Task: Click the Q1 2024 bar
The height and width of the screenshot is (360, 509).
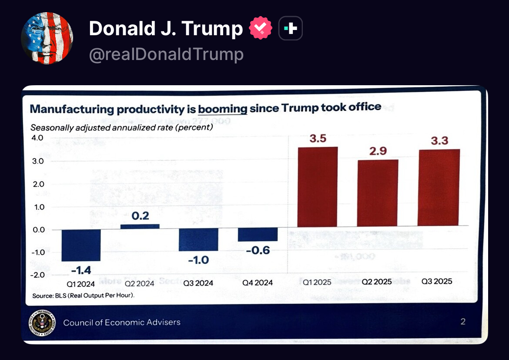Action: (81, 245)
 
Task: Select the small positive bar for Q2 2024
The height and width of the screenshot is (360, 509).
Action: (140, 227)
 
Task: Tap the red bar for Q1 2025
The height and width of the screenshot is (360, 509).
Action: (317, 187)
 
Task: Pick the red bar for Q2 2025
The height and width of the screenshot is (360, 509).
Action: (378, 193)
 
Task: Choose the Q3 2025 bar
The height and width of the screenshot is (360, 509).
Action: (438, 188)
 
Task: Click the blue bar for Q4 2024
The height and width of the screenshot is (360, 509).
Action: (258, 235)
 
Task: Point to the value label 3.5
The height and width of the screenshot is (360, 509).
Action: (318, 139)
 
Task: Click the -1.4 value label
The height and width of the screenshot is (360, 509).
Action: (81, 270)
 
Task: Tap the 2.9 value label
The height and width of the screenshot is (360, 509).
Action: (378, 151)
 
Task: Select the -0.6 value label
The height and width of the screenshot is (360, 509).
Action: (258, 250)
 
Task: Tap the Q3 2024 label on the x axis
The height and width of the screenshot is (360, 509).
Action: (198, 283)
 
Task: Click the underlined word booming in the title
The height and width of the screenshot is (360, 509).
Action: (223, 107)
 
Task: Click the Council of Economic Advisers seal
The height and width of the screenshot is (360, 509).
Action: (42, 323)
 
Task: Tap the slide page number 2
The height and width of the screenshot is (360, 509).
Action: (463, 322)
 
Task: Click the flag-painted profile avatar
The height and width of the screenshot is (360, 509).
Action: (47, 38)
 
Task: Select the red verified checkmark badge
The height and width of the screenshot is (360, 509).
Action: (261, 29)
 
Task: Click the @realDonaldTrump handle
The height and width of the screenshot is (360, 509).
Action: (166, 54)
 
